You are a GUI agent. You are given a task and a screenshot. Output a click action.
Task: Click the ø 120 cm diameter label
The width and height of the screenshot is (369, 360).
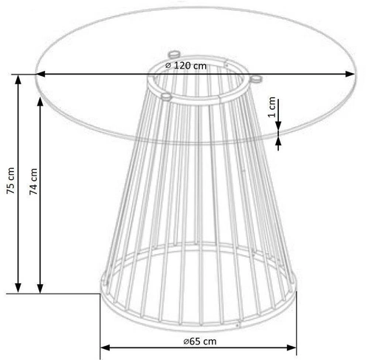click(186, 66)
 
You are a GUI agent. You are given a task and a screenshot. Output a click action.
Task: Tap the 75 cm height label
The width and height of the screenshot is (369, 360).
click(11, 181)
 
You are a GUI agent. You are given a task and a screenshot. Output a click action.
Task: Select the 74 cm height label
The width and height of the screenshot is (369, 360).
click(33, 181)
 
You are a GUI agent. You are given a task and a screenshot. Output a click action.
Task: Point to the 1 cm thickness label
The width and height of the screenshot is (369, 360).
click(272, 107)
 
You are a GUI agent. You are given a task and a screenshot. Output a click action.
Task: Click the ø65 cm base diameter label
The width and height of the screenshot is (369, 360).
click(200, 342)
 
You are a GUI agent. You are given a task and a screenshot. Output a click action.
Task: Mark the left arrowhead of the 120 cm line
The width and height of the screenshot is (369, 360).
click(41, 74)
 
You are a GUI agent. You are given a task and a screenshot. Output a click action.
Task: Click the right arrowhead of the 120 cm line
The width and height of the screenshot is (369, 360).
click(350, 74)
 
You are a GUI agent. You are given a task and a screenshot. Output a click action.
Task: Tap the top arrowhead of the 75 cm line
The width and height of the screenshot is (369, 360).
click(18, 80)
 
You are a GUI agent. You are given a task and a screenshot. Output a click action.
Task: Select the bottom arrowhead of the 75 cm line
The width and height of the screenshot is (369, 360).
click(18, 288)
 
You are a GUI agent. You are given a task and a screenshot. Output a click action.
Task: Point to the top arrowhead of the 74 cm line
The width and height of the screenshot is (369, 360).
click(40, 102)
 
